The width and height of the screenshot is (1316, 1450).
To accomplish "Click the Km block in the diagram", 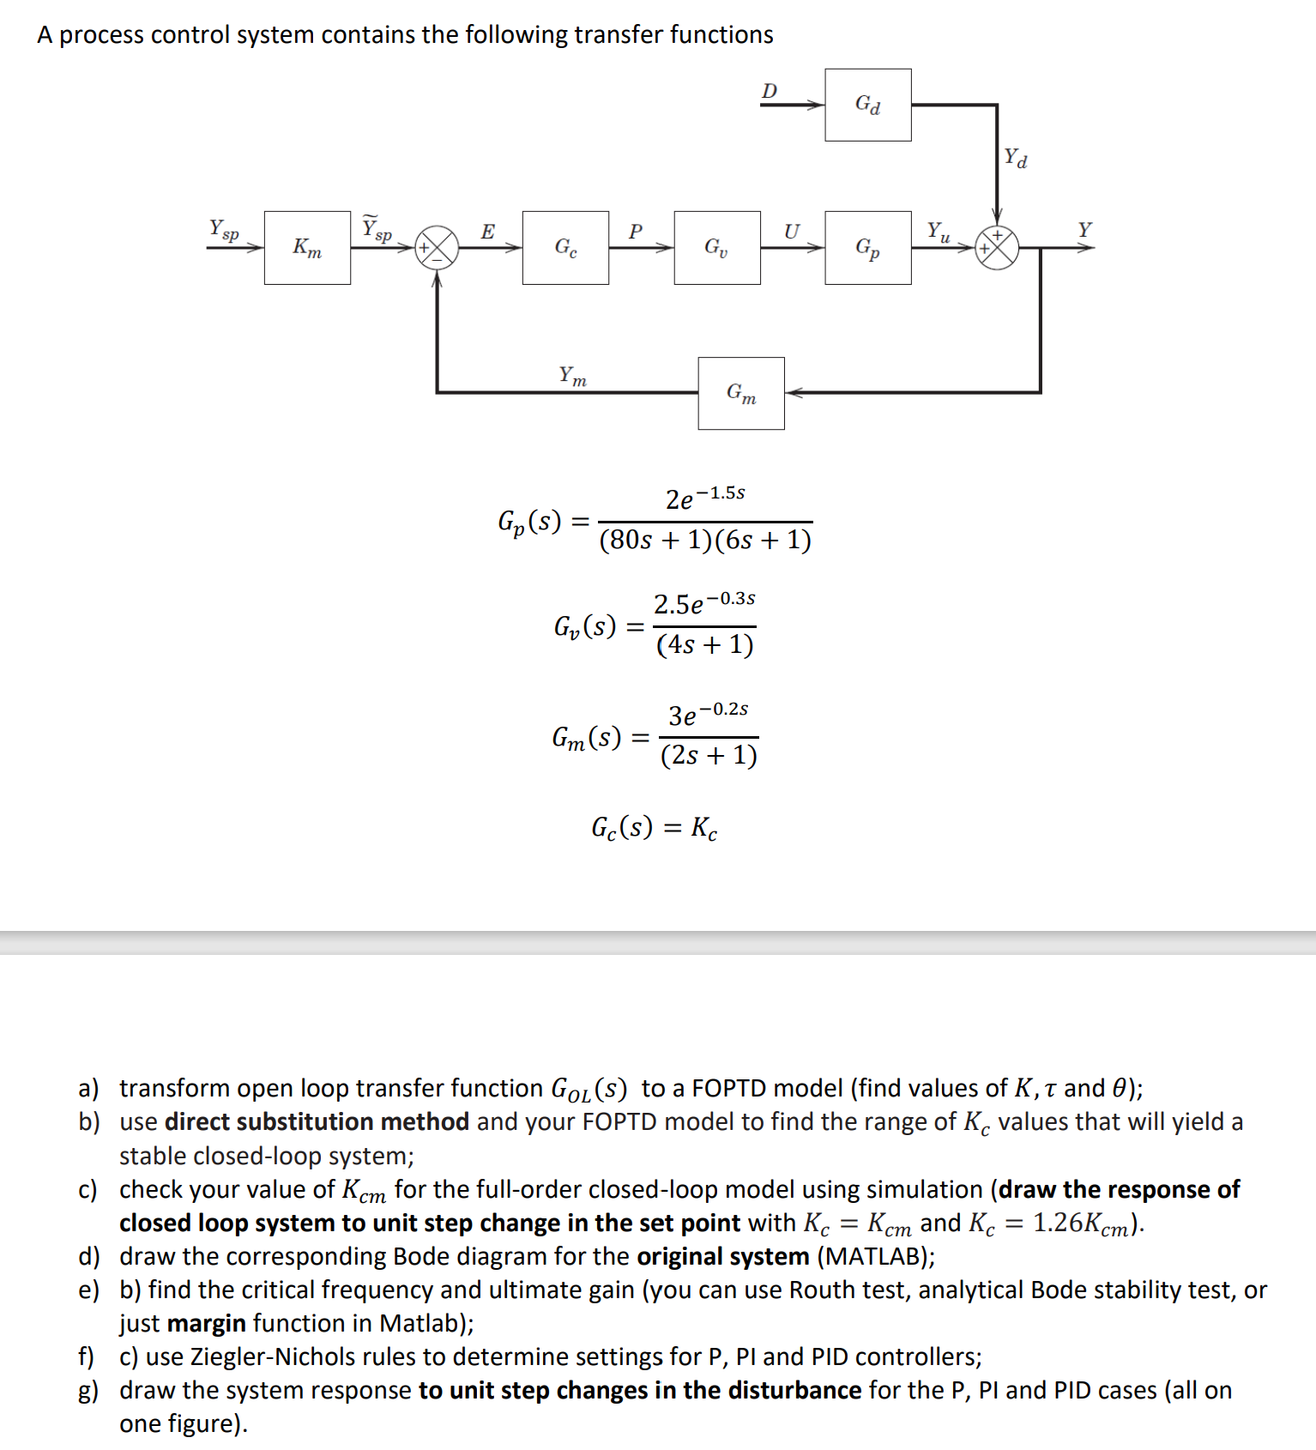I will [307, 247].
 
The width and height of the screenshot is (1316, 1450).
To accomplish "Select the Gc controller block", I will [565, 247].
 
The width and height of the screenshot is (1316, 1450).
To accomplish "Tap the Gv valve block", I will [716, 247].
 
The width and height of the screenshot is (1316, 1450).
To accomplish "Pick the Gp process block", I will [867, 247].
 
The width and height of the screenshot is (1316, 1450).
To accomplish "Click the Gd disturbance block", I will [867, 105].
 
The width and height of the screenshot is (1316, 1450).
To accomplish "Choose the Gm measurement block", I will [741, 393].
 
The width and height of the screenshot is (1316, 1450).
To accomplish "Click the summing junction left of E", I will [437, 247].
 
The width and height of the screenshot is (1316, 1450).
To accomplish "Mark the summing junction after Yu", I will [997, 247].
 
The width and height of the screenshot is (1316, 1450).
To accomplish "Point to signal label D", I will [770, 91].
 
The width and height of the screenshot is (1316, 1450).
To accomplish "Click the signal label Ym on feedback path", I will [572, 376].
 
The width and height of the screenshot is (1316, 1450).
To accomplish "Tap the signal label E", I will [487, 232].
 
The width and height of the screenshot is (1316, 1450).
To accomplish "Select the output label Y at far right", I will [1084, 230].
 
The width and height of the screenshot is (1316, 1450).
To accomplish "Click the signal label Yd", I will [1016, 159].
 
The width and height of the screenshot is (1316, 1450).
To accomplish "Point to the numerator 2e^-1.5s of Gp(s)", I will [704, 498].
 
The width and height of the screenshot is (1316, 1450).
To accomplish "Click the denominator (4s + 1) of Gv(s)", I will [704, 644].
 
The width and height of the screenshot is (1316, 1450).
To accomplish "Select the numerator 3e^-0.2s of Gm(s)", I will [708, 714].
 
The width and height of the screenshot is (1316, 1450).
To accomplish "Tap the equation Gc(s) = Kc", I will [654, 827].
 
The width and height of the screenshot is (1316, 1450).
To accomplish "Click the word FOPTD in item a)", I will [728, 1088].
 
